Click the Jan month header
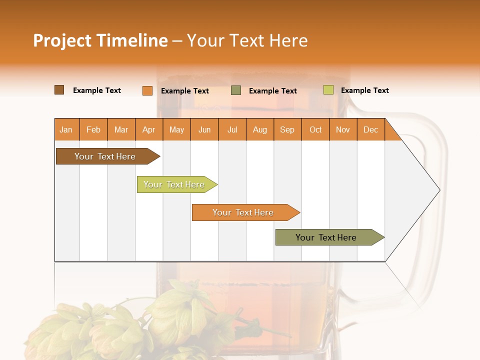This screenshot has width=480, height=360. [66, 129]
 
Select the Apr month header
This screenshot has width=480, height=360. [148, 129]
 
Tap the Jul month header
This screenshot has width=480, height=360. [232, 129]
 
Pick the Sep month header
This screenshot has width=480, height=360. [287, 129]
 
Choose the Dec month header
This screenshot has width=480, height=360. [370, 129]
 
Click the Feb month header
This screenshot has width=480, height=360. [93, 129]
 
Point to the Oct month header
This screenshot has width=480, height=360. [315, 129]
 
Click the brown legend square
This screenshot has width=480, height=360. [59, 90]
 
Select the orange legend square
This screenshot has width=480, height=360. [147, 90]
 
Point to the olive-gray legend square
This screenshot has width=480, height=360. [236, 90]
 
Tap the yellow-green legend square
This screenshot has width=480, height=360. [328, 90]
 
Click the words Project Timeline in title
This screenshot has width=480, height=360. [100, 40]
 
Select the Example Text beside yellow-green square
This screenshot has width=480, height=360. [364, 90]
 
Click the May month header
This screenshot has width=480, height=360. [176, 129]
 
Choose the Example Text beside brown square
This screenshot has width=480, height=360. [97, 90]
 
